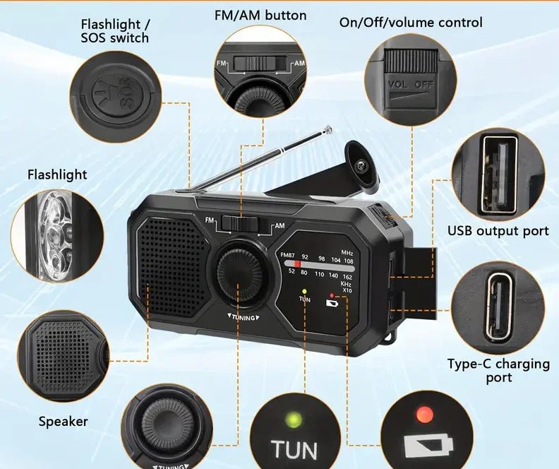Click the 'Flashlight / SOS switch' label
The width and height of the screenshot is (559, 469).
(115, 30)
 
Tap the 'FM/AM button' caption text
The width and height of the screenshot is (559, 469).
(260, 15)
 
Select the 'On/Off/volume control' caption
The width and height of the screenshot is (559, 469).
(411, 22)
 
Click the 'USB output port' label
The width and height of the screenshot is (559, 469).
(498, 231)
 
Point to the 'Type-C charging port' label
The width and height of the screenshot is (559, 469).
(498, 370)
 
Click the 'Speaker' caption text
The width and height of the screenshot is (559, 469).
(63, 422)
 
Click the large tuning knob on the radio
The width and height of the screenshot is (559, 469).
(238, 272)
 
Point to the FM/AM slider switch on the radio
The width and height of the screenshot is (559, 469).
(239, 222)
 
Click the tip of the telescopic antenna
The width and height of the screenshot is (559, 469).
(327, 129)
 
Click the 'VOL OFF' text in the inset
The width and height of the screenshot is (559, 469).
(411, 83)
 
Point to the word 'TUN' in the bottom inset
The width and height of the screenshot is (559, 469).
(294, 450)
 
